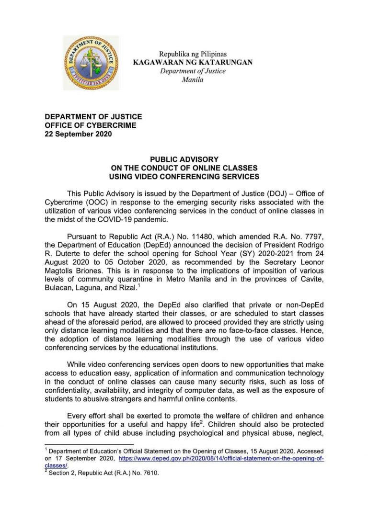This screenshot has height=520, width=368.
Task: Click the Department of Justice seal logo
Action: pyautogui.click(x=91, y=63)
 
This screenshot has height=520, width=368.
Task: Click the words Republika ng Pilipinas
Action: pyautogui.click(x=193, y=54)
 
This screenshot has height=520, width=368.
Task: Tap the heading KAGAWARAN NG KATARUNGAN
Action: pyautogui.click(x=193, y=63)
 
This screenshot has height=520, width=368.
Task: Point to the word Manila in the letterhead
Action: pyautogui.click(x=193, y=79)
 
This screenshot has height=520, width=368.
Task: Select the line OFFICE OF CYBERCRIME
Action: pyautogui.click(x=91, y=125)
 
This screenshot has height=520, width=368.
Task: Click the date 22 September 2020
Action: pyautogui.click(x=78, y=134)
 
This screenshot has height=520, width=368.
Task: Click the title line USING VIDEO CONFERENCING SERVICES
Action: pyautogui.click(x=184, y=176)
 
